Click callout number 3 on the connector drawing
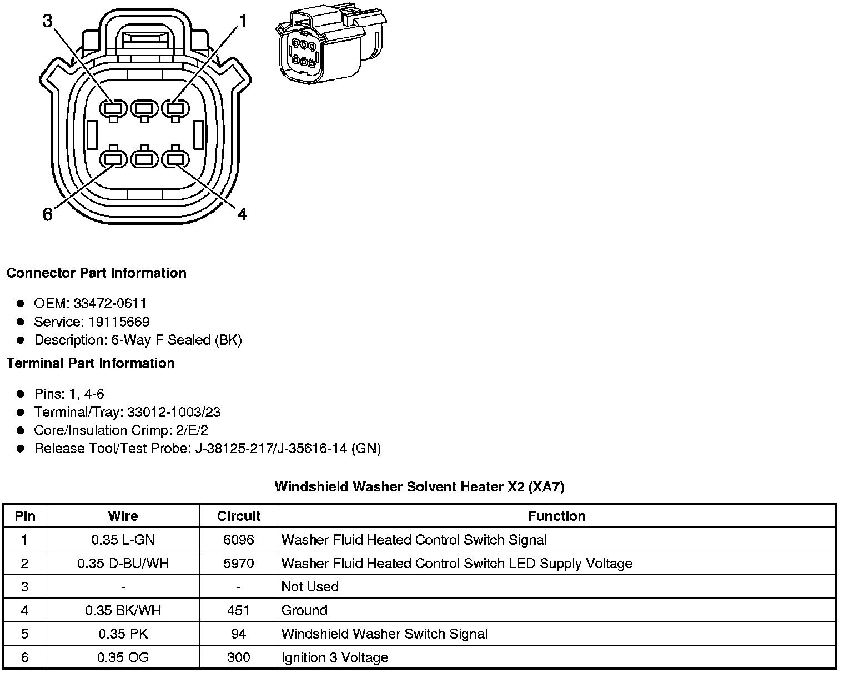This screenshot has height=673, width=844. [x=47, y=21]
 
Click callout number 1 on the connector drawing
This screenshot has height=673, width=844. [x=242, y=21]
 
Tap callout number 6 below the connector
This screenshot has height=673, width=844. [x=48, y=214]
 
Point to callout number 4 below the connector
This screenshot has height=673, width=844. [x=242, y=214]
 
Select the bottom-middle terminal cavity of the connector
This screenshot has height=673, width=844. [x=144, y=160]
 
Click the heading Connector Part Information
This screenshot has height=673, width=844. [x=96, y=273]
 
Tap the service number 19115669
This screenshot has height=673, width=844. [x=119, y=322]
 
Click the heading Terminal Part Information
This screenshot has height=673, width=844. [x=91, y=363]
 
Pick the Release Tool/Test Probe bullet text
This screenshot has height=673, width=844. [x=207, y=448]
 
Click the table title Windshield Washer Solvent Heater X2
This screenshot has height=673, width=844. [x=419, y=487]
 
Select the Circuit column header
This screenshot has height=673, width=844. [x=239, y=516]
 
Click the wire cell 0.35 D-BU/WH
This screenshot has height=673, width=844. [x=123, y=564]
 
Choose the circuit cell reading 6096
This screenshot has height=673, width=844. [x=239, y=540]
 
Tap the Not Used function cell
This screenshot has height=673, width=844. [x=310, y=587]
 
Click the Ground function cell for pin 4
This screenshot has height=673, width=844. [x=304, y=611]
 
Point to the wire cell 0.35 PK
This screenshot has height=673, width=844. [x=123, y=634]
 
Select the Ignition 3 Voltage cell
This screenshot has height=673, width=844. [x=334, y=658]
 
